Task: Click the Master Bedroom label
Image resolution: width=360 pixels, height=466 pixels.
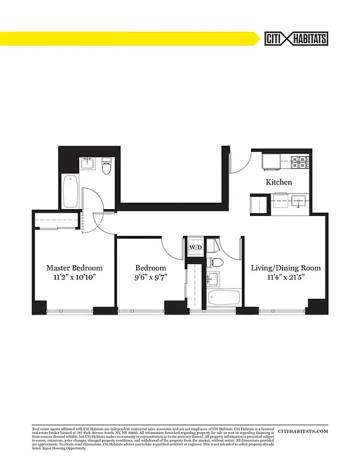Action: point(75,268)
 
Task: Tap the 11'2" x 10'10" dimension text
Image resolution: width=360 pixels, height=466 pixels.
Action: point(75,277)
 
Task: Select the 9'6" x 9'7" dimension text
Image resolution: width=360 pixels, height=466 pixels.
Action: point(151,277)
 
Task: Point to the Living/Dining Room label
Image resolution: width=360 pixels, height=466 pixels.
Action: point(285,268)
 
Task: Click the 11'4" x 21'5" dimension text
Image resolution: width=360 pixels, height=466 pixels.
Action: point(285,277)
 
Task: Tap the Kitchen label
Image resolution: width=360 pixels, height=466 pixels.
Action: point(279,182)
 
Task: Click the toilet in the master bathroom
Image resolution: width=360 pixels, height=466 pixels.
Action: point(106,167)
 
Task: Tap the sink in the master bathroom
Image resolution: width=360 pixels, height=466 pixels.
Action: point(87,161)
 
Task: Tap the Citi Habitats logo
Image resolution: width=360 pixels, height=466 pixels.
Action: point(296,38)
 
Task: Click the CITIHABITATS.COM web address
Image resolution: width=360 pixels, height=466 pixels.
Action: point(303,431)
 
